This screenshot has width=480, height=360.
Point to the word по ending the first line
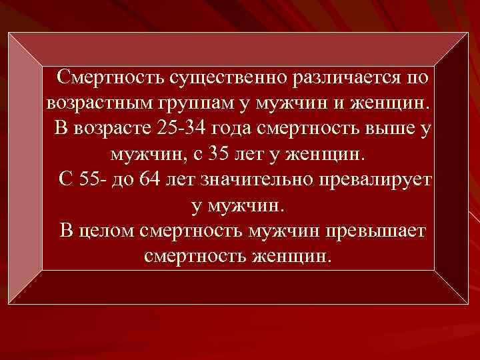click(416, 79)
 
